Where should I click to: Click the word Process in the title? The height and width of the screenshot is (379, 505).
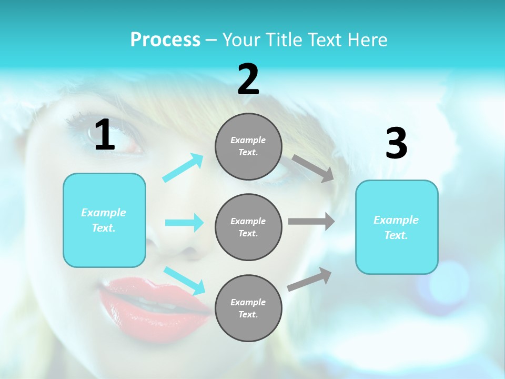point(165,40)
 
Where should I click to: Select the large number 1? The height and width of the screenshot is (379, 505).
point(105,135)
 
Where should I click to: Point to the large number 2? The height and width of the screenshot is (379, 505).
point(248,79)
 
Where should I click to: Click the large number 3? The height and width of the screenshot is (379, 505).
point(396,144)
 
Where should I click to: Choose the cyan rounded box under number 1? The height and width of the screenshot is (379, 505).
point(104,220)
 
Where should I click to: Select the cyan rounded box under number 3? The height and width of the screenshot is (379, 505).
point(397,227)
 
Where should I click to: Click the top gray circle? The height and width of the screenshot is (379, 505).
point(248,146)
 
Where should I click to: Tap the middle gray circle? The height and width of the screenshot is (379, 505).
point(248,227)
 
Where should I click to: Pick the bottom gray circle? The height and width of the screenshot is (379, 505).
point(248,308)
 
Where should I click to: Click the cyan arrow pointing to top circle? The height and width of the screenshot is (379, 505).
point(183,168)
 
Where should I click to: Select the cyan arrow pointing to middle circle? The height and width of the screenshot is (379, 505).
point(184,223)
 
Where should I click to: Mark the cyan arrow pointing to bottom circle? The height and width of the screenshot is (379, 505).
point(184,280)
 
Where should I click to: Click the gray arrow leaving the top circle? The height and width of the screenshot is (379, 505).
point(312,168)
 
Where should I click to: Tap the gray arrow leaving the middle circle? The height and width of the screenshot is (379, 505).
point(311,221)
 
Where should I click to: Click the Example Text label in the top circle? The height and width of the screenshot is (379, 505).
point(248,146)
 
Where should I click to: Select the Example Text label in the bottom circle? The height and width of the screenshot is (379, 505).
point(248,308)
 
